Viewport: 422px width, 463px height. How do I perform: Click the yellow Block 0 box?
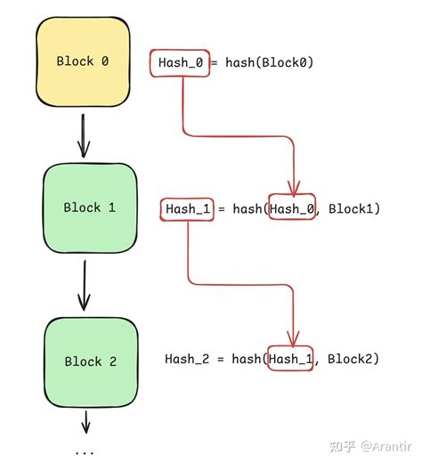point(82,61)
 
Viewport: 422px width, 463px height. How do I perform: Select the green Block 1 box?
point(89,207)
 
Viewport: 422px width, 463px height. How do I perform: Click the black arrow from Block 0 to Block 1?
point(83,134)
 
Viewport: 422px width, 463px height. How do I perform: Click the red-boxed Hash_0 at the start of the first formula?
point(182,63)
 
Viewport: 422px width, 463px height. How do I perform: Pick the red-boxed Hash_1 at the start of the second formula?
point(187,208)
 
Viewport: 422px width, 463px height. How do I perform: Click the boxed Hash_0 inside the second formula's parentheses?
point(291,208)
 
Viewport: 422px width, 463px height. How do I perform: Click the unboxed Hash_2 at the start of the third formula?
point(188,359)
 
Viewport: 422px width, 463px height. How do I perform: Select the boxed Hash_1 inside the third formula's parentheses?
point(291,359)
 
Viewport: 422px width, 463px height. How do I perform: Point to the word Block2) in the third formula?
point(353,359)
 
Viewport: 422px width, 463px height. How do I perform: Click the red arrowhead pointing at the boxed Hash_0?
point(293,186)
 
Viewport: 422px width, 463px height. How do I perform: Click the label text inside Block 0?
point(82,61)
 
